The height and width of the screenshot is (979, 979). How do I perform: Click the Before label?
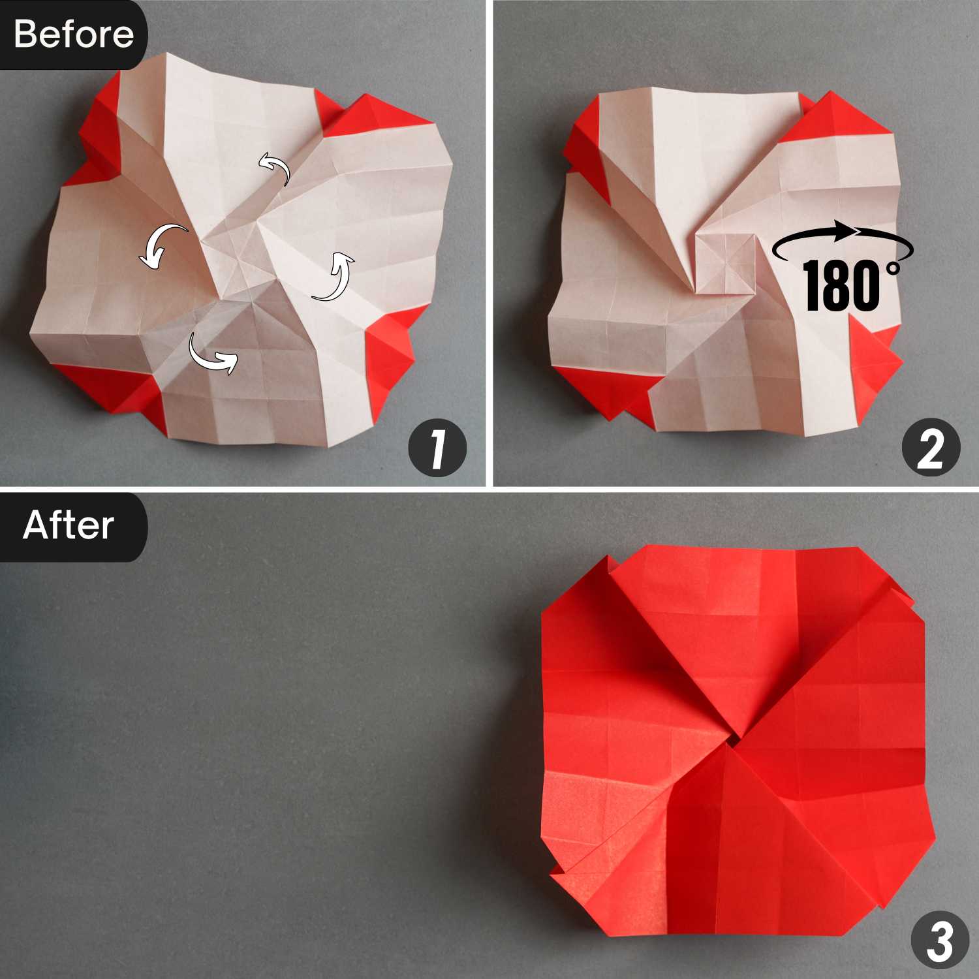click(x=73, y=34)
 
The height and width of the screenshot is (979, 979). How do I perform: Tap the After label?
click(x=69, y=525)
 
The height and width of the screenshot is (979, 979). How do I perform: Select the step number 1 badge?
click(x=437, y=448)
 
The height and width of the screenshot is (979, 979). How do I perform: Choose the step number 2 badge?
click(x=931, y=448)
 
